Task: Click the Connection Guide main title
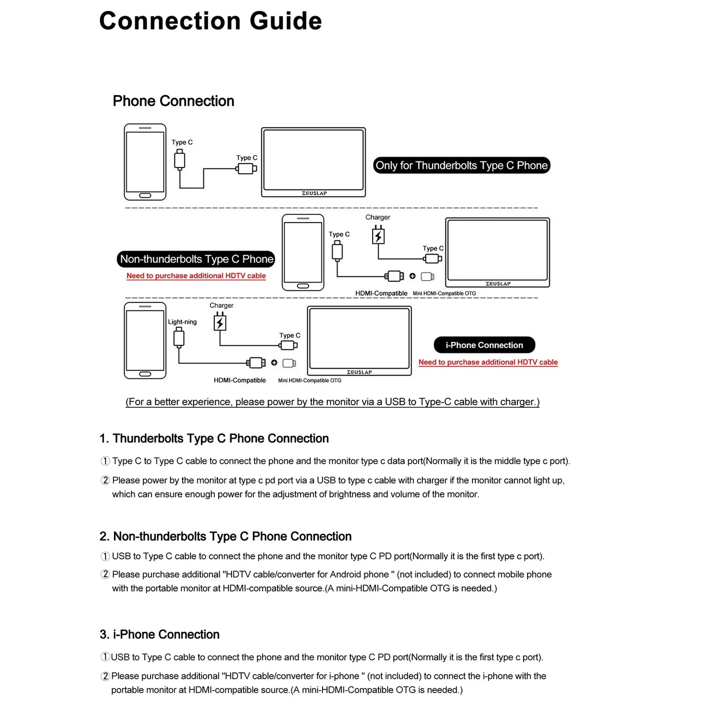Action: (x=210, y=21)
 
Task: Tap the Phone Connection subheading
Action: (x=173, y=101)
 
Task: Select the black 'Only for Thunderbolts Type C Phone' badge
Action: (x=461, y=166)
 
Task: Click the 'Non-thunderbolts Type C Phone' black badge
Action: (x=196, y=259)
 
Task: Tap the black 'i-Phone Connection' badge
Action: (x=484, y=345)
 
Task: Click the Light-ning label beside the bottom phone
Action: (x=182, y=322)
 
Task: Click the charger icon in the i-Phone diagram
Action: (x=220, y=323)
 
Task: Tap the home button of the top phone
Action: (x=145, y=195)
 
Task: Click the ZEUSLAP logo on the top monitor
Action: (x=314, y=193)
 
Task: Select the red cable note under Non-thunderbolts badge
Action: (x=196, y=276)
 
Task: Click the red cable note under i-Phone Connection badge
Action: (x=488, y=362)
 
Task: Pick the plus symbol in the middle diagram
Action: (x=413, y=276)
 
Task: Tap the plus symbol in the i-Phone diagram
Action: (x=274, y=362)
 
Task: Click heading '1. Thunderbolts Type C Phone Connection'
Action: (x=214, y=438)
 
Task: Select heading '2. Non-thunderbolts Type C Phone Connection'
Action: (x=225, y=536)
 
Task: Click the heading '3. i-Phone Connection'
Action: (x=159, y=634)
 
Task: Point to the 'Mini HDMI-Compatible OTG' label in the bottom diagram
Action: (x=309, y=381)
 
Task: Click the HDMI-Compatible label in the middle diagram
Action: (x=381, y=293)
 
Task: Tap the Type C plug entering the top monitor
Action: (x=247, y=169)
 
